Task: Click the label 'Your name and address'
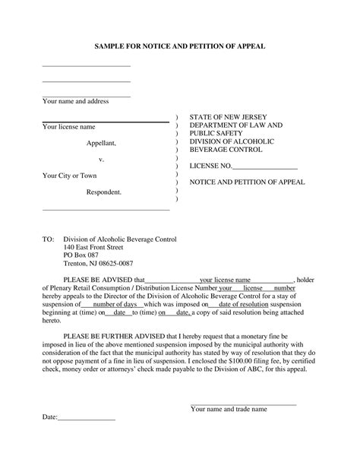tap(75, 101)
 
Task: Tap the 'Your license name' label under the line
tap(68, 127)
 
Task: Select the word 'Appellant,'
tap(100, 143)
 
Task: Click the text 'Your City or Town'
tap(69, 176)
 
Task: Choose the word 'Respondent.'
tap(103, 192)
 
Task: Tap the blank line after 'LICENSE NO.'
tap(265, 166)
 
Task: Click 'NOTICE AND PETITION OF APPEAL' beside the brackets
tap(247, 182)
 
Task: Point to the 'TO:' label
tap(48, 239)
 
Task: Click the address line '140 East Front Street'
tap(93, 247)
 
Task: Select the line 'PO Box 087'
tap(81, 255)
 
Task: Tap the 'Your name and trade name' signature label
tap(229, 409)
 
